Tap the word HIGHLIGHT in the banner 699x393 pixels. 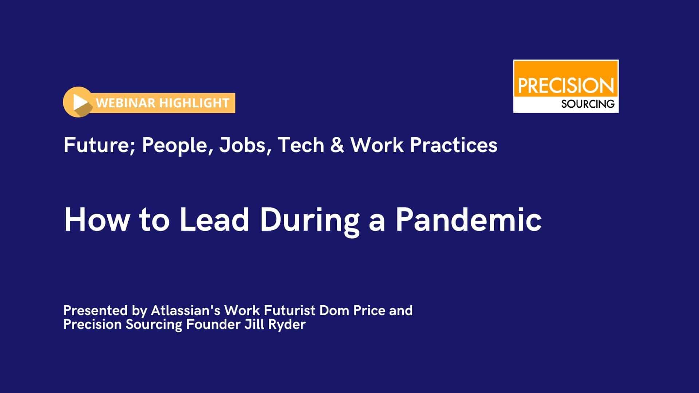194,103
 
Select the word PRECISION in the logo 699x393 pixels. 566,86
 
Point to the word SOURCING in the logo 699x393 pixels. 588,104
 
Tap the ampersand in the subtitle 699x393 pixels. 337,145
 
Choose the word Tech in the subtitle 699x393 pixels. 301,145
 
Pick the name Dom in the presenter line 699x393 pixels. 332,310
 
